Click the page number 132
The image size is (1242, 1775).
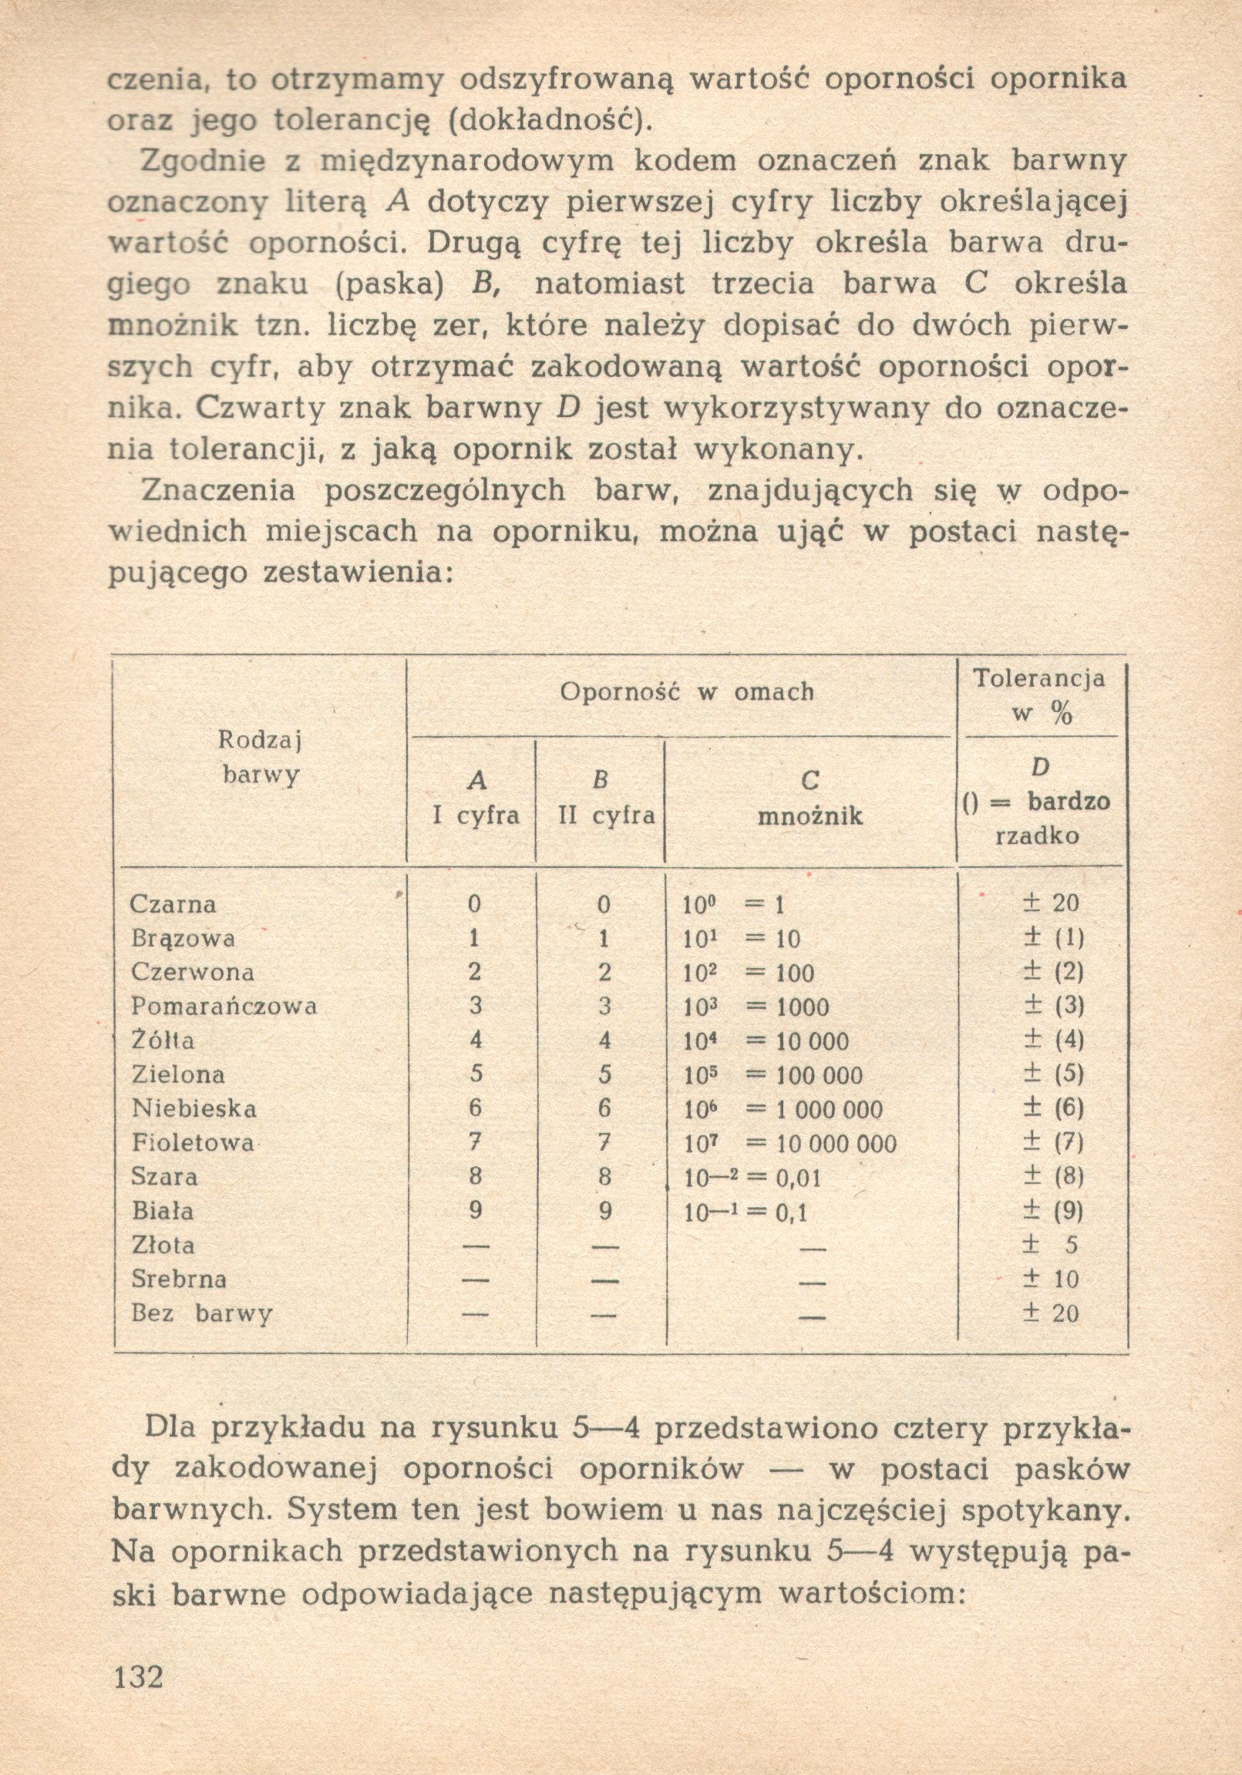click(x=139, y=1677)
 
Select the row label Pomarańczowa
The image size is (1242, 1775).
click(x=224, y=1006)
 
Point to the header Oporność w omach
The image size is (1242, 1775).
click(x=687, y=691)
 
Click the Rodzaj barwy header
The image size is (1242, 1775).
click(x=260, y=758)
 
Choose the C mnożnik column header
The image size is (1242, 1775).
click(x=809, y=798)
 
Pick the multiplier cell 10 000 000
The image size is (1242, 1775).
click(x=835, y=1144)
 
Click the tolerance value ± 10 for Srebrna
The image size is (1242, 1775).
click(x=1052, y=1279)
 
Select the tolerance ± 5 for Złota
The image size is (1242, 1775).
click(x=1052, y=1245)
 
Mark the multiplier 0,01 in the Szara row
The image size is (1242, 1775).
click(x=796, y=1178)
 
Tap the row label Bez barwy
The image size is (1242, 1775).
click(x=201, y=1313)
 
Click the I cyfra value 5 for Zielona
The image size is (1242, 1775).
click(x=475, y=1074)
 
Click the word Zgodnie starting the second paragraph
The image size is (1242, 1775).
click(x=204, y=162)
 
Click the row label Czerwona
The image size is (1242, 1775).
click(x=193, y=972)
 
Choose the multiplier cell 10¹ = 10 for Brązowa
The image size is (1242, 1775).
click(x=742, y=939)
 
